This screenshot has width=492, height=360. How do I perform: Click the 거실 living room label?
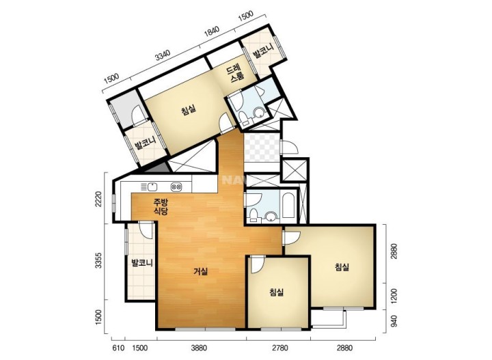[200, 271]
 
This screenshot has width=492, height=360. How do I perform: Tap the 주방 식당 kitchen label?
[161, 206]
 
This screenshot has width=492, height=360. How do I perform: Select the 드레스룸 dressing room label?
[235, 73]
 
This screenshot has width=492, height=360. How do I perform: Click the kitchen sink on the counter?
[152, 186]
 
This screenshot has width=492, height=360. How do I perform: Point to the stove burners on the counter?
[176, 187]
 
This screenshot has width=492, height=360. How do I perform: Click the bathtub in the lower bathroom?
[288, 206]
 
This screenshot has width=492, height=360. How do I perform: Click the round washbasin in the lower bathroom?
[271, 217]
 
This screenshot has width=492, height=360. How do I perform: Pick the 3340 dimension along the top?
[163, 55]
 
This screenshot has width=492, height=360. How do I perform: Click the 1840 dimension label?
[211, 31]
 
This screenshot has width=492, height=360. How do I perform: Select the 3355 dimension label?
[98, 260]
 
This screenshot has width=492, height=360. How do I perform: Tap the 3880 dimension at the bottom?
[199, 348]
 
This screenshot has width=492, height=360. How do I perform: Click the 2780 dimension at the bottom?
[280, 348]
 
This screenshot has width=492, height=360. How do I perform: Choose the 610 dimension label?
[119, 348]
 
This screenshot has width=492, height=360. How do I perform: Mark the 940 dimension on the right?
[394, 321]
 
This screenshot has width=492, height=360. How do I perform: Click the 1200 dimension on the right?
[394, 296]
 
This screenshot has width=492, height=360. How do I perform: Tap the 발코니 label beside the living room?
[142, 262]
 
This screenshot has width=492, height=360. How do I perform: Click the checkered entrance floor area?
[262, 147]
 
